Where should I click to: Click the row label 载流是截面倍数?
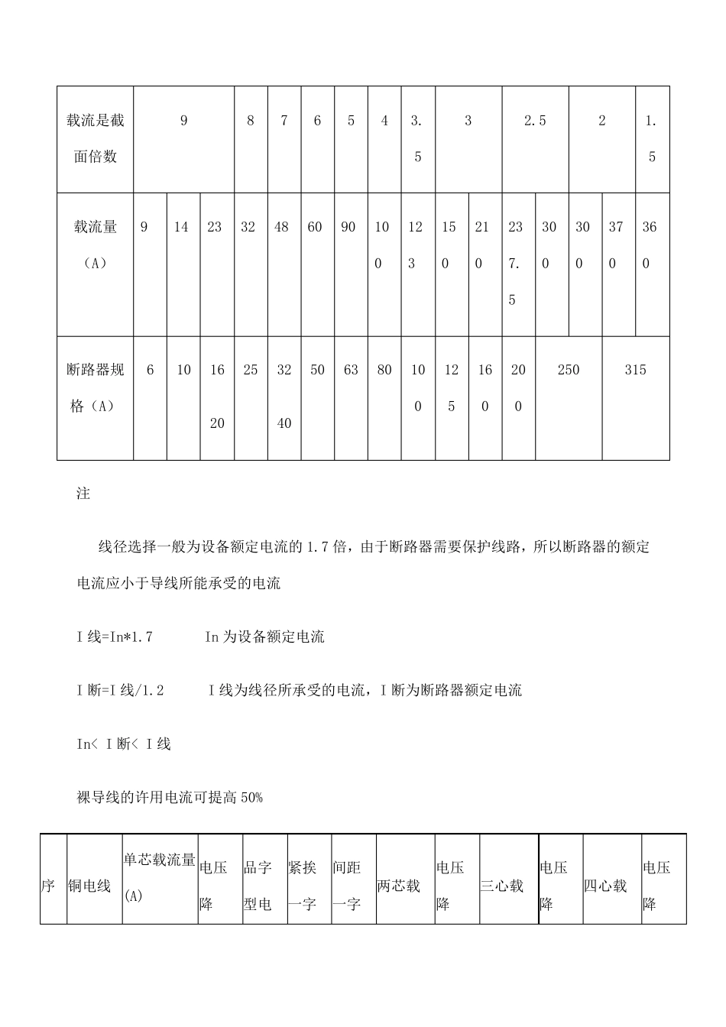click(x=96, y=138)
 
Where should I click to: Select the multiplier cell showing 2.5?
click(x=535, y=121)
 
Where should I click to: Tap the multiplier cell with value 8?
click(x=251, y=121)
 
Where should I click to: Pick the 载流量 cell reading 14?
click(x=181, y=227)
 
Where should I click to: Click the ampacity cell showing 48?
click(x=281, y=227)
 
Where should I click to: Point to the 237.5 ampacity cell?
click(x=516, y=263)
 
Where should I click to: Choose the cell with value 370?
click(x=616, y=245)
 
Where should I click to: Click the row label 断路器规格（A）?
click(x=96, y=388)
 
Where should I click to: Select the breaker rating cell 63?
click(x=351, y=371)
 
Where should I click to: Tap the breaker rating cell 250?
click(x=569, y=371)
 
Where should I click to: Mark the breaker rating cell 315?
click(x=635, y=371)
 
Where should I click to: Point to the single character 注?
click(x=83, y=494)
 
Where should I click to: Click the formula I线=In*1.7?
click(x=115, y=637)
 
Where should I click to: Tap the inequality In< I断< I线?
click(x=124, y=744)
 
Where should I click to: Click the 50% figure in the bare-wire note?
click(x=251, y=797)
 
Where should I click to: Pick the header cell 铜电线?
click(x=89, y=886)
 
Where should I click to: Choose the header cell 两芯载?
click(x=398, y=886)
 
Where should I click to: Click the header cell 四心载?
click(x=605, y=886)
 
